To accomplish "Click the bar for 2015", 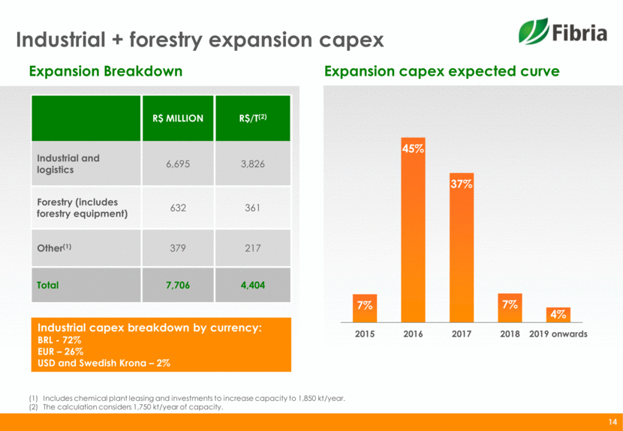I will (365, 308).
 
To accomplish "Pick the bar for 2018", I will (510, 308).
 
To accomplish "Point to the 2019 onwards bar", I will (558, 314).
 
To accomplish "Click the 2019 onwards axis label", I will (558, 334).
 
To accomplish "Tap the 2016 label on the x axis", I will (413, 334).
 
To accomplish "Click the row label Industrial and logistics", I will (68, 163).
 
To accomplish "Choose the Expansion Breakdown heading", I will (105, 72).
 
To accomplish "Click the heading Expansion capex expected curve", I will (441, 72).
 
